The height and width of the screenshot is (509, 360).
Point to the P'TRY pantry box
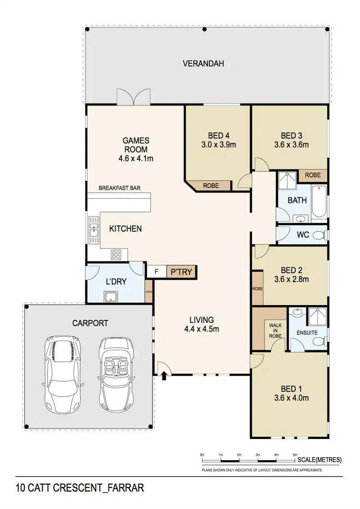tap(181, 272)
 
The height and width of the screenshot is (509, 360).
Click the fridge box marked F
tap(156, 272)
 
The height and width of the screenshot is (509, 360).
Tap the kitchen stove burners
tap(117, 254)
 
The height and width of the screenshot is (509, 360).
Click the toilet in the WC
tap(317, 235)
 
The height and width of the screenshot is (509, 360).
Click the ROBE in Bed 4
tap(211, 185)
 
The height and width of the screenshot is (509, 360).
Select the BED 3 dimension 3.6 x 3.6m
tap(291, 144)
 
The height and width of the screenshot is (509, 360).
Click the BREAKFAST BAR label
tap(119, 189)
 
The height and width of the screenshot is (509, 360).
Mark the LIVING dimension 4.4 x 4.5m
tap(202, 329)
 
